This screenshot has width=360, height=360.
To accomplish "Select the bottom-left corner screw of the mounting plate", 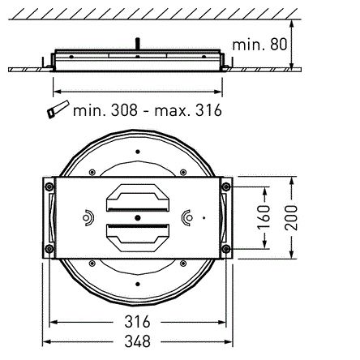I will pos(49,247).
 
